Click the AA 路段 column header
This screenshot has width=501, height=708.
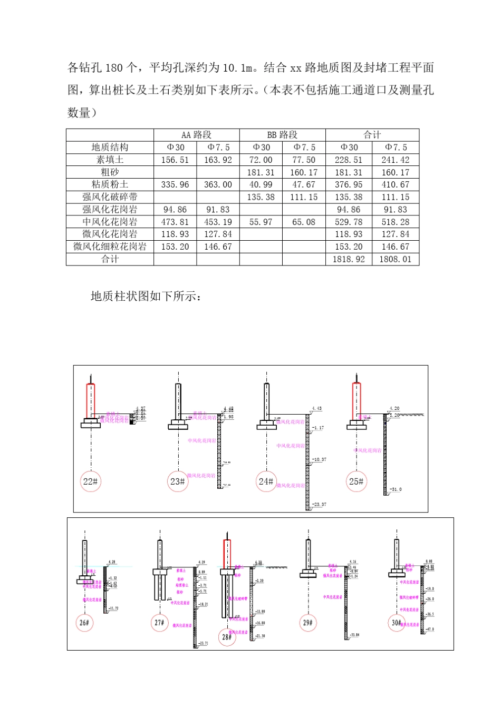[196, 135]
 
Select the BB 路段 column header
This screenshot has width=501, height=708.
[282, 135]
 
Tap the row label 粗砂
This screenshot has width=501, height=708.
[110, 172]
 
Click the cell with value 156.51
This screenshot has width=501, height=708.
[175, 160]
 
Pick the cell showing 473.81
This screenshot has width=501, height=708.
[175, 222]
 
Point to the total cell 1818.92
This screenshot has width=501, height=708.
[349, 259]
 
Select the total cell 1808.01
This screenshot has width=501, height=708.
[395, 259]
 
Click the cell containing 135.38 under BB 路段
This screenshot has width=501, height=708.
[261, 197]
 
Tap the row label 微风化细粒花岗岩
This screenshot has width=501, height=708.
[110, 247]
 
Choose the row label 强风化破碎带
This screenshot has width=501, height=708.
[110, 197]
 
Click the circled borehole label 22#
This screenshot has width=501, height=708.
[91, 481]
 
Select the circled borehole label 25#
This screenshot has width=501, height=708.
[357, 481]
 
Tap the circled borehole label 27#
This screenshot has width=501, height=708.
[159, 623]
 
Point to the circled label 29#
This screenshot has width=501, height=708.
[308, 623]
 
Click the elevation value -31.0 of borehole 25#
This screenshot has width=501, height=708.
[396, 489]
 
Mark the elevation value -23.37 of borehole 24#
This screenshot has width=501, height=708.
[319, 505]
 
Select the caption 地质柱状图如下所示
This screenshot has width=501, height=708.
[146, 296]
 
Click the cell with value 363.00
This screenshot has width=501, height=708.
[218, 184]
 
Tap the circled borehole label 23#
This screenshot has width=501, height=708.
[178, 481]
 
